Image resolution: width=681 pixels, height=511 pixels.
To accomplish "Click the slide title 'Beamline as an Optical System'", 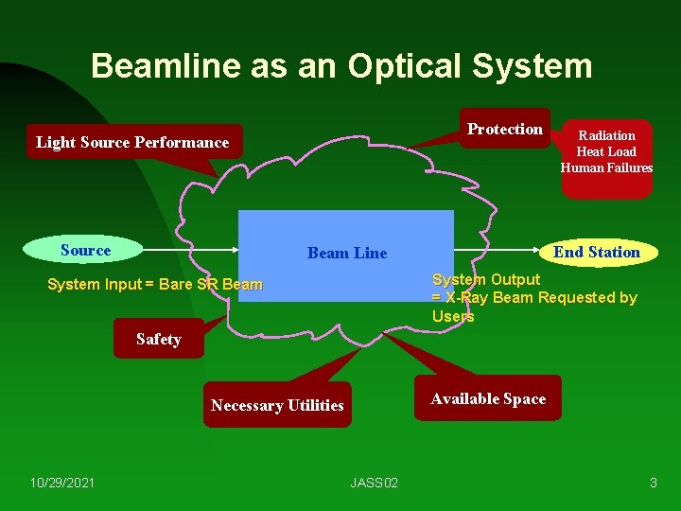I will [x=341, y=66].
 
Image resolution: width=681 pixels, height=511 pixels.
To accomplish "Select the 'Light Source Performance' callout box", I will [x=132, y=143].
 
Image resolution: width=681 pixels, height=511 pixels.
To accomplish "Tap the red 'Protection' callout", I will [x=505, y=129].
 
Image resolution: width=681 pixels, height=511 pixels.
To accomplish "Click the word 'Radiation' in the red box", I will [x=606, y=135].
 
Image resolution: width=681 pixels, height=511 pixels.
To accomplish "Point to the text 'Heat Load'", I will [x=606, y=151].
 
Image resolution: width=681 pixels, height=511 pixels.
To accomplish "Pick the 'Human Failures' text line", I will [x=606, y=167].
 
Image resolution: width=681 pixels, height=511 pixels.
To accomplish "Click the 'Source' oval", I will [x=85, y=250].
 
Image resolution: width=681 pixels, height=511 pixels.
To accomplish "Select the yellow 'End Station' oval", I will [x=596, y=252].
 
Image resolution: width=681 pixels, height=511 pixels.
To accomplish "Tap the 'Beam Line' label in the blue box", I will [x=347, y=253].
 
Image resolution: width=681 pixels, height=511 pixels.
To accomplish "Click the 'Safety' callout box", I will [x=158, y=340].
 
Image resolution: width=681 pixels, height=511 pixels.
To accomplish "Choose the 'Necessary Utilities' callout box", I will [x=277, y=405].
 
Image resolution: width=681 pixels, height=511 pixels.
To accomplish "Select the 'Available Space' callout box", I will [x=488, y=398].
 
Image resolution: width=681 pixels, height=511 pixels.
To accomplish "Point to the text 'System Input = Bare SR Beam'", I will [x=155, y=285].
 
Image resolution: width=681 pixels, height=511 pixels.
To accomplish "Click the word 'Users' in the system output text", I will [x=453, y=316].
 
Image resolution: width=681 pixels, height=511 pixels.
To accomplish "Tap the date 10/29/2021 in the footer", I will [x=62, y=483].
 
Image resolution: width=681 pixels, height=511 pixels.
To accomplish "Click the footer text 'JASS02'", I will [x=375, y=483].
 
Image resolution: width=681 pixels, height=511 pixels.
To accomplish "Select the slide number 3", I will [x=653, y=483].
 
